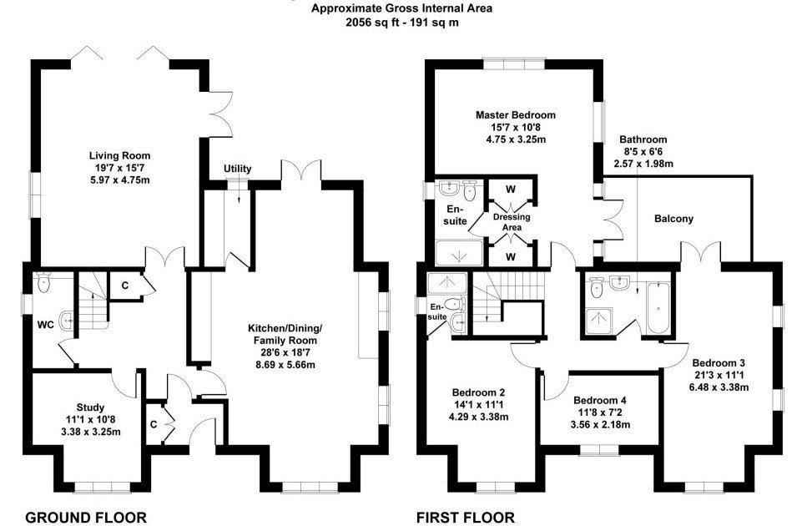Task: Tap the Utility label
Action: (x=237, y=169)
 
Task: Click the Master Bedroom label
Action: (x=515, y=115)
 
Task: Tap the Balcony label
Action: (x=674, y=219)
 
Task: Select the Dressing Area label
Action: (x=511, y=222)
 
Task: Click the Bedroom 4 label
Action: (x=600, y=400)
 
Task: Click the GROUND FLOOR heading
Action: (x=86, y=517)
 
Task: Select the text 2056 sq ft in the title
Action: (x=372, y=23)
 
